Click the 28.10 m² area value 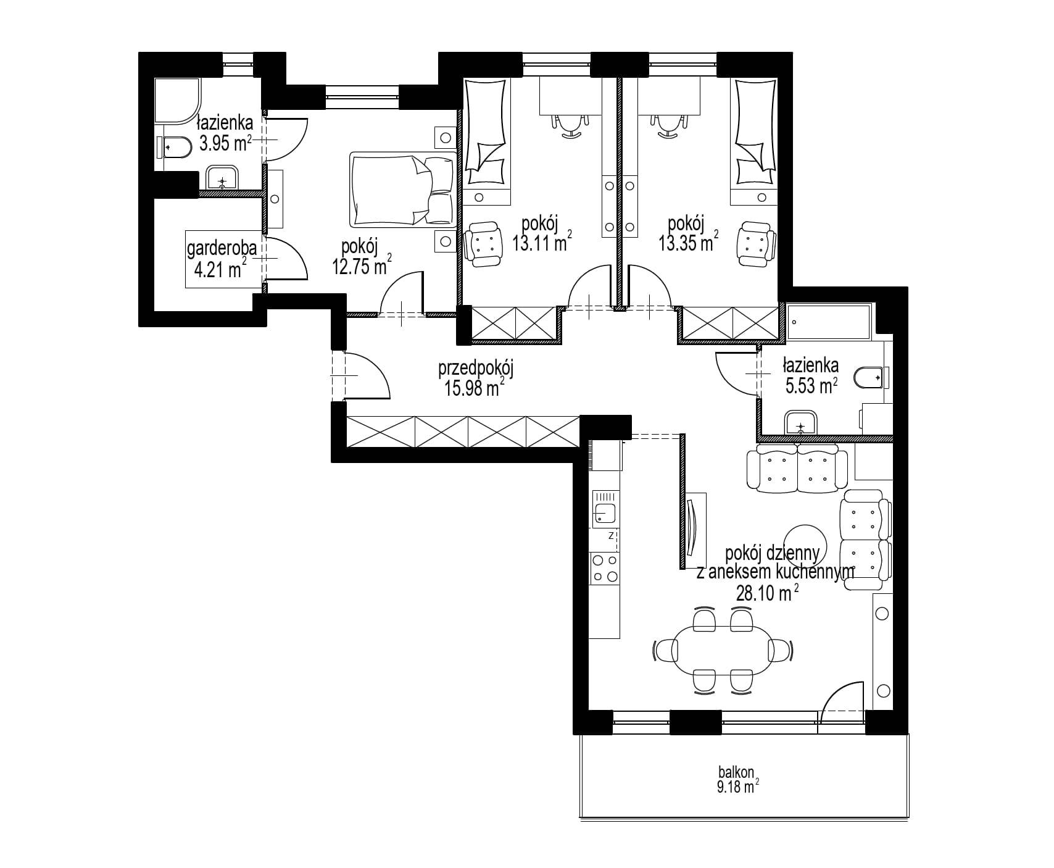point(768,593)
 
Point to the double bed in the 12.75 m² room point(402,189)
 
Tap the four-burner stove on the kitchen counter point(605,569)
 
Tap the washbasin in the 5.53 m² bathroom point(800,425)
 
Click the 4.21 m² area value point(217,269)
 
